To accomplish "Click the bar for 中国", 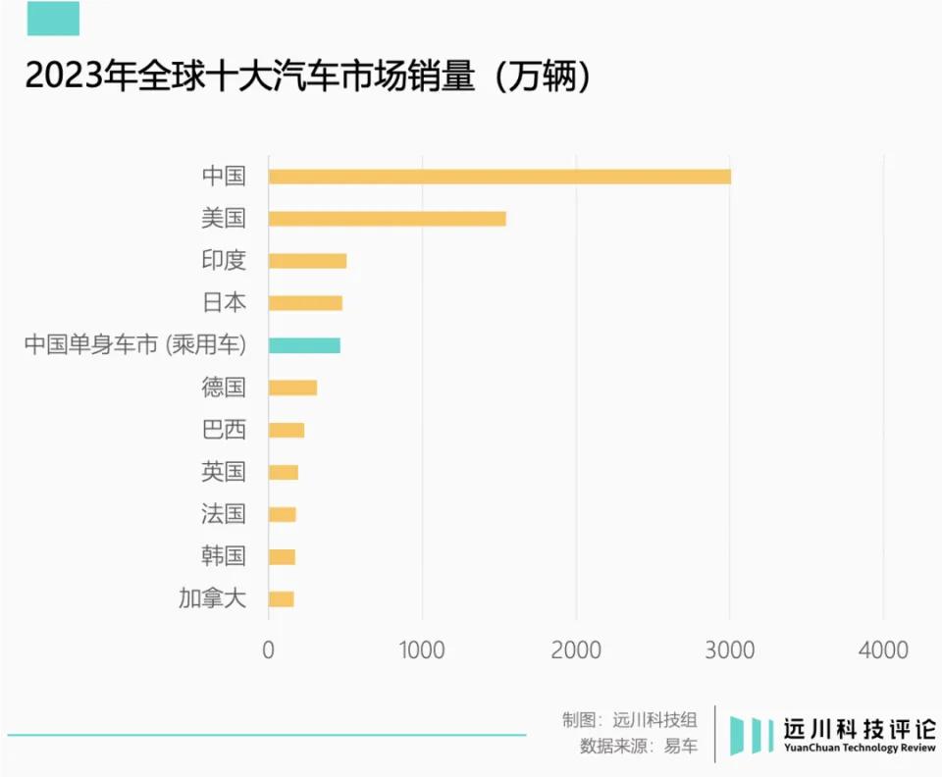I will coord(498,177).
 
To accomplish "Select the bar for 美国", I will coord(387,219).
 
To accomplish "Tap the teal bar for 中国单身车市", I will coord(304,345).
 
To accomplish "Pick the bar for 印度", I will coord(307,261).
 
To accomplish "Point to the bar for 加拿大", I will coord(281,598).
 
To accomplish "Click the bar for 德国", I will coord(292,388).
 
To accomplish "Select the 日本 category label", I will coord(223,303).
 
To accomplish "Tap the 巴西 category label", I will coord(223,430).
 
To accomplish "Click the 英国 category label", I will coord(223,472).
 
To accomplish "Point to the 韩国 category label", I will coord(223,556).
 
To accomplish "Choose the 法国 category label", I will coord(223,514).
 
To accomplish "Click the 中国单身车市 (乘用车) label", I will coord(134,345).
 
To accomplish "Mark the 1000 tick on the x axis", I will coord(422,649).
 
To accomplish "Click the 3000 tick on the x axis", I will coord(730,649).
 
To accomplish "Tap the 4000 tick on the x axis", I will coord(883,649).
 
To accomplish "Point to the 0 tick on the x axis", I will coord(268,649).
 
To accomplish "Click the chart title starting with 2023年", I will coord(308,76).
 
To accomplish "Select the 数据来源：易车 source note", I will coord(639,746).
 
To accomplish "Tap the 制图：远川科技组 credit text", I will coord(630,718).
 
